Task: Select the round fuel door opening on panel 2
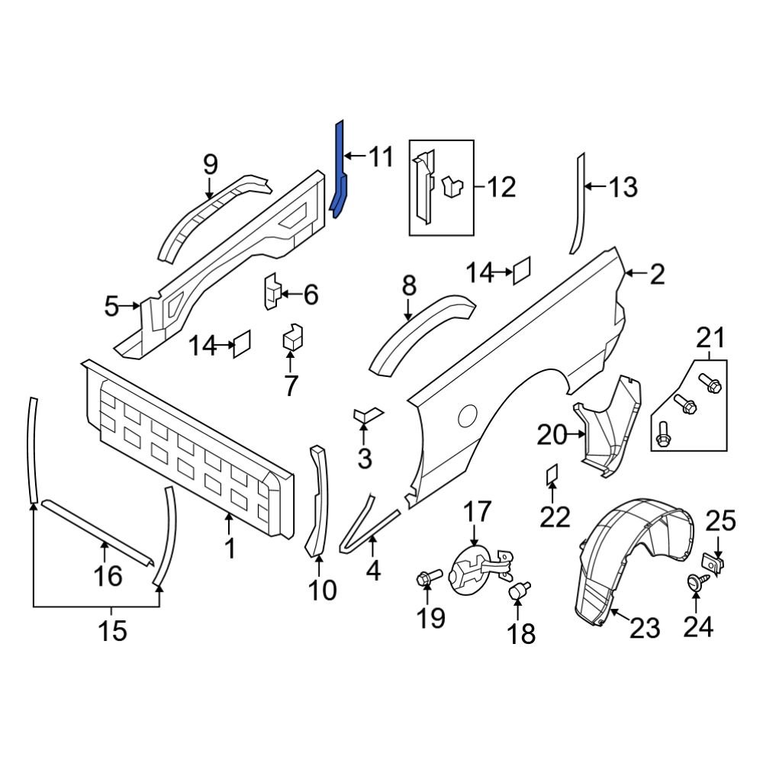pos(467,416)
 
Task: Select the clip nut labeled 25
pos(715,564)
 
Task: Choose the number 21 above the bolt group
pos(710,337)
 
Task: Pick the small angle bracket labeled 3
pos(365,415)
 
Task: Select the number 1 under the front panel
pos(230,548)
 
